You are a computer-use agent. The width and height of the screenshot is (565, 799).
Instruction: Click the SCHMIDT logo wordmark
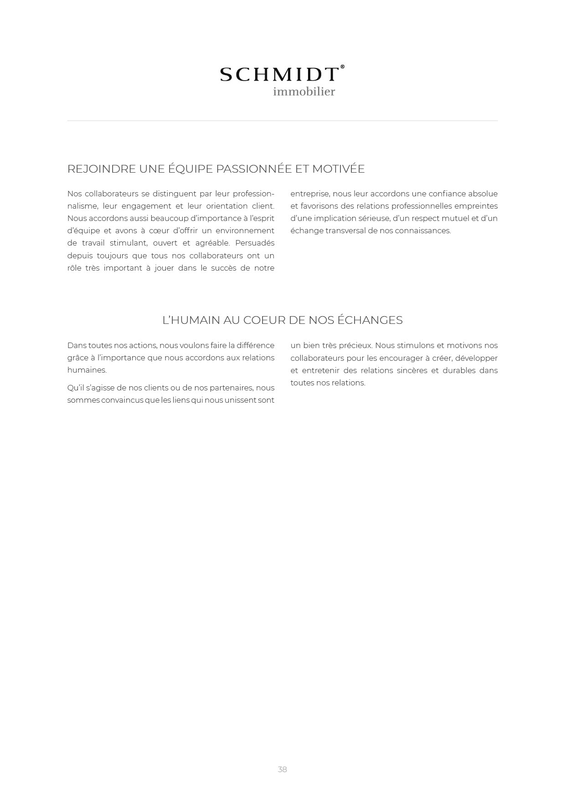[279, 75]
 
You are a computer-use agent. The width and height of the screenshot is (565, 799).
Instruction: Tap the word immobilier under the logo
[304, 92]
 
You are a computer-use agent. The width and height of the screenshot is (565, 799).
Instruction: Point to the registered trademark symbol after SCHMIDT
[343, 67]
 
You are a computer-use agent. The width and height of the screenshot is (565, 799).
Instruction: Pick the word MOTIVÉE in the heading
[339, 169]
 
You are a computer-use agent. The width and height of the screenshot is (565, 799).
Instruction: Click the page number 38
[282, 769]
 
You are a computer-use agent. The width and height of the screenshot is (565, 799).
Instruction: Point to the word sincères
[411, 371]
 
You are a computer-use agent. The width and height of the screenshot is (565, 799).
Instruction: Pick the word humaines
[87, 370]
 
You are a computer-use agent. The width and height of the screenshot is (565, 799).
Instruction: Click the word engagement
[146, 206]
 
